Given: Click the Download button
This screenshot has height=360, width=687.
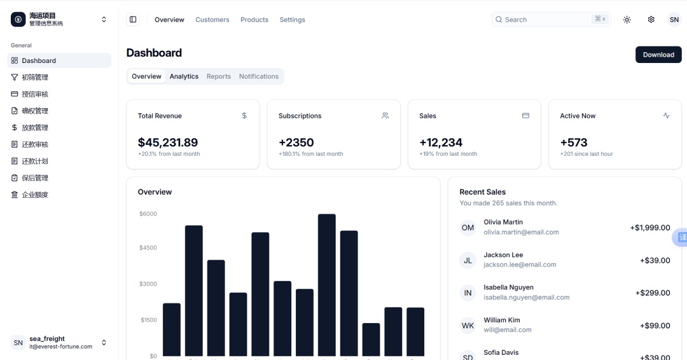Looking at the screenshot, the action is point(658,55).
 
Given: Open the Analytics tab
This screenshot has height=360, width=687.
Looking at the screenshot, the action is point(184,76).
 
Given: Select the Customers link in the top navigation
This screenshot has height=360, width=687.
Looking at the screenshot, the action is point(212,20).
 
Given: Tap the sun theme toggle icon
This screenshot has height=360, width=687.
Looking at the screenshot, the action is point(627,20).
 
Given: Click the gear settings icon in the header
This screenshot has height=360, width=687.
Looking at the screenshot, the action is point(651,20).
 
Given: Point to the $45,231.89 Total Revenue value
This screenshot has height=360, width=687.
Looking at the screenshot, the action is point(168,142).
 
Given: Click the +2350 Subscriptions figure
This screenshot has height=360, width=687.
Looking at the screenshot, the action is point(296,142).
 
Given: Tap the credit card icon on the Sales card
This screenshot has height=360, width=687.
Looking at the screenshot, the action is point(525,116).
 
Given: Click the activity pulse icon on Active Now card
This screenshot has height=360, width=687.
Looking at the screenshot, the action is point(667,116).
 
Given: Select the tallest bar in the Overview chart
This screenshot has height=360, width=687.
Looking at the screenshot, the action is point(327,285).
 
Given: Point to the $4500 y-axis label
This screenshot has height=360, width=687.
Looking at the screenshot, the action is point(148,247).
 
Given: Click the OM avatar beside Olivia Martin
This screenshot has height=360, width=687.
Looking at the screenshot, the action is point(468,228).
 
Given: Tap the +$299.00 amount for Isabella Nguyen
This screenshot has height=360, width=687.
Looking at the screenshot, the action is point(653,293).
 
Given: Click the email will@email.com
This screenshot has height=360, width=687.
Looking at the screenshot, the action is point(508,329).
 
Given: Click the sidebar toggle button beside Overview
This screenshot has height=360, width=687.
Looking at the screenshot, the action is point(133,19).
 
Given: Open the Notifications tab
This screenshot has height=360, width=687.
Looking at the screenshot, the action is point(258,76).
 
